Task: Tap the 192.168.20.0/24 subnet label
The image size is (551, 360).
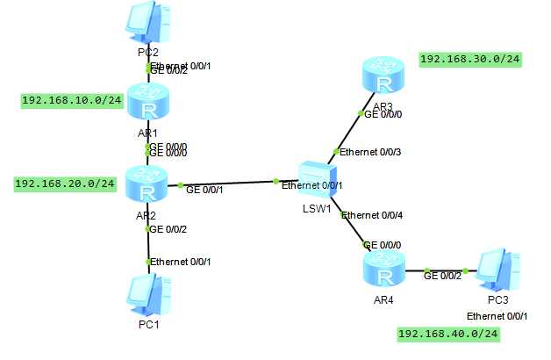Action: [x=65, y=184]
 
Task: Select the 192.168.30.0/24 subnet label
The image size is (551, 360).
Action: [x=471, y=59]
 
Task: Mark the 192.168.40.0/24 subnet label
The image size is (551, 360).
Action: [x=448, y=335]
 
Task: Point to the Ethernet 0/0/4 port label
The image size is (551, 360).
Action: [x=373, y=215]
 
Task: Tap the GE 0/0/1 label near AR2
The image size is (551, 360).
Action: [x=204, y=189]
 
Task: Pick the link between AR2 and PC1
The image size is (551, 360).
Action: [x=147, y=246]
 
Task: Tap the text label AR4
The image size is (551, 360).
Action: [x=383, y=299]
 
